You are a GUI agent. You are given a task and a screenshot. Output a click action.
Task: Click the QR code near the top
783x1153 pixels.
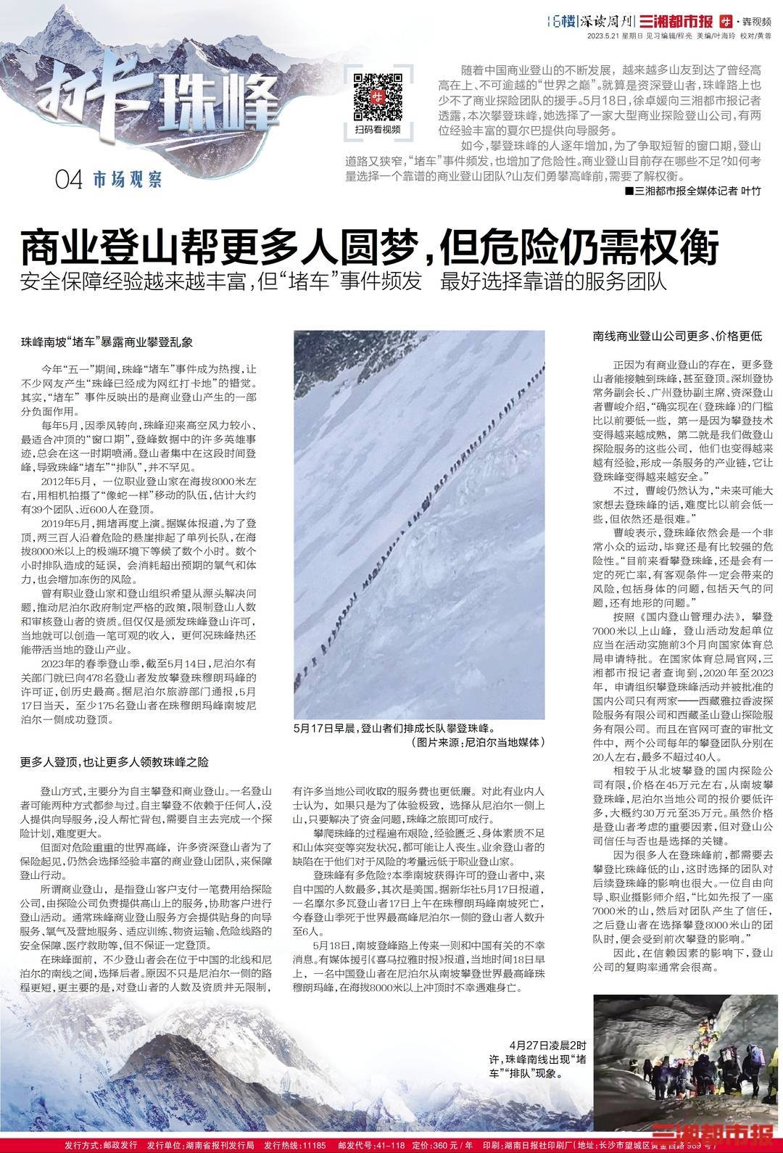[377, 96]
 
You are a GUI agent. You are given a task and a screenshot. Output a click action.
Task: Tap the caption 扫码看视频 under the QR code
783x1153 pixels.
[378, 129]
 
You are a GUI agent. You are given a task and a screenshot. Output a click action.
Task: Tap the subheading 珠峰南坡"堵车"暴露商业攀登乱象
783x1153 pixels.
[106, 339]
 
